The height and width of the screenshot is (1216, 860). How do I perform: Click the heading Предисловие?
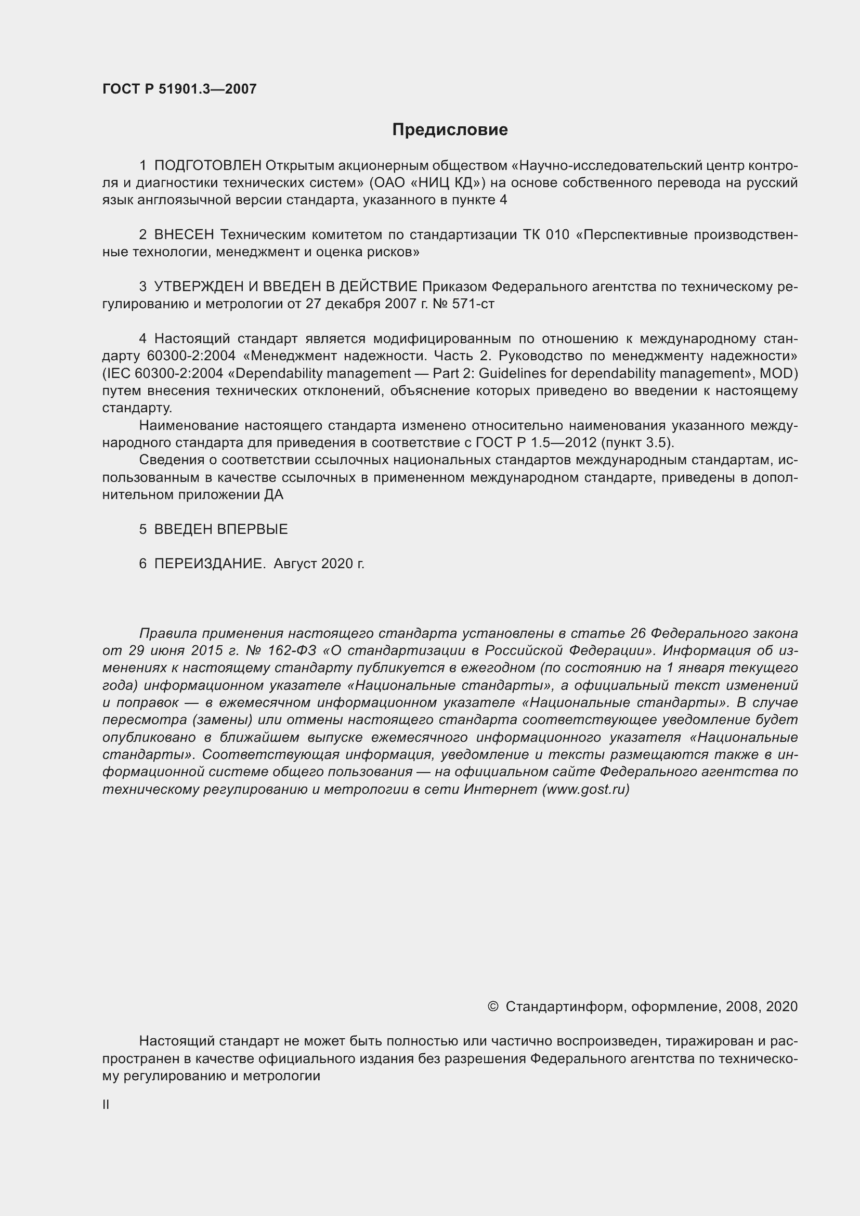pyautogui.click(x=450, y=130)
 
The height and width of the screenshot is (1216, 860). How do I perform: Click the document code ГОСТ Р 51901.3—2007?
pyautogui.click(x=179, y=89)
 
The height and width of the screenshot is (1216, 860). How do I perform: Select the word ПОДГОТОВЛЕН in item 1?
pyautogui.click(x=207, y=166)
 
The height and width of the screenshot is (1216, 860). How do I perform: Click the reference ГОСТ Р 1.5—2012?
pyautogui.click(x=537, y=443)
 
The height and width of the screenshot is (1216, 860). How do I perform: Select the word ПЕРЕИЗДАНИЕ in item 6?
pyautogui.click(x=210, y=564)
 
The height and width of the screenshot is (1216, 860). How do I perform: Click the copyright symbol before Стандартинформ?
pyautogui.click(x=492, y=1006)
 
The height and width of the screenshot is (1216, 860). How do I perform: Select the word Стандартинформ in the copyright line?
pyautogui.click(x=563, y=1006)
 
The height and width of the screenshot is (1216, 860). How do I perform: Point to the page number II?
pyautogui.click(x=106, y=1105)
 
